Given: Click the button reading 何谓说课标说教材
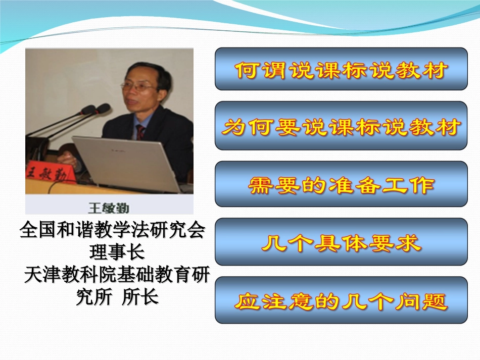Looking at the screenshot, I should click(x=341, y=69).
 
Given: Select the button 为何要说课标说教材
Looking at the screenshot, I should click(x=341, y=126).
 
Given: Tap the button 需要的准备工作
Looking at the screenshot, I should click(x=341, y=184).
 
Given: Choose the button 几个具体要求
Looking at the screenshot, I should click(x=341, y=242).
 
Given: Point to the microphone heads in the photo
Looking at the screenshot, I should click(x=96, y=110).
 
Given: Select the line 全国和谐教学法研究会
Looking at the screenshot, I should click(x=112, y=231).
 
